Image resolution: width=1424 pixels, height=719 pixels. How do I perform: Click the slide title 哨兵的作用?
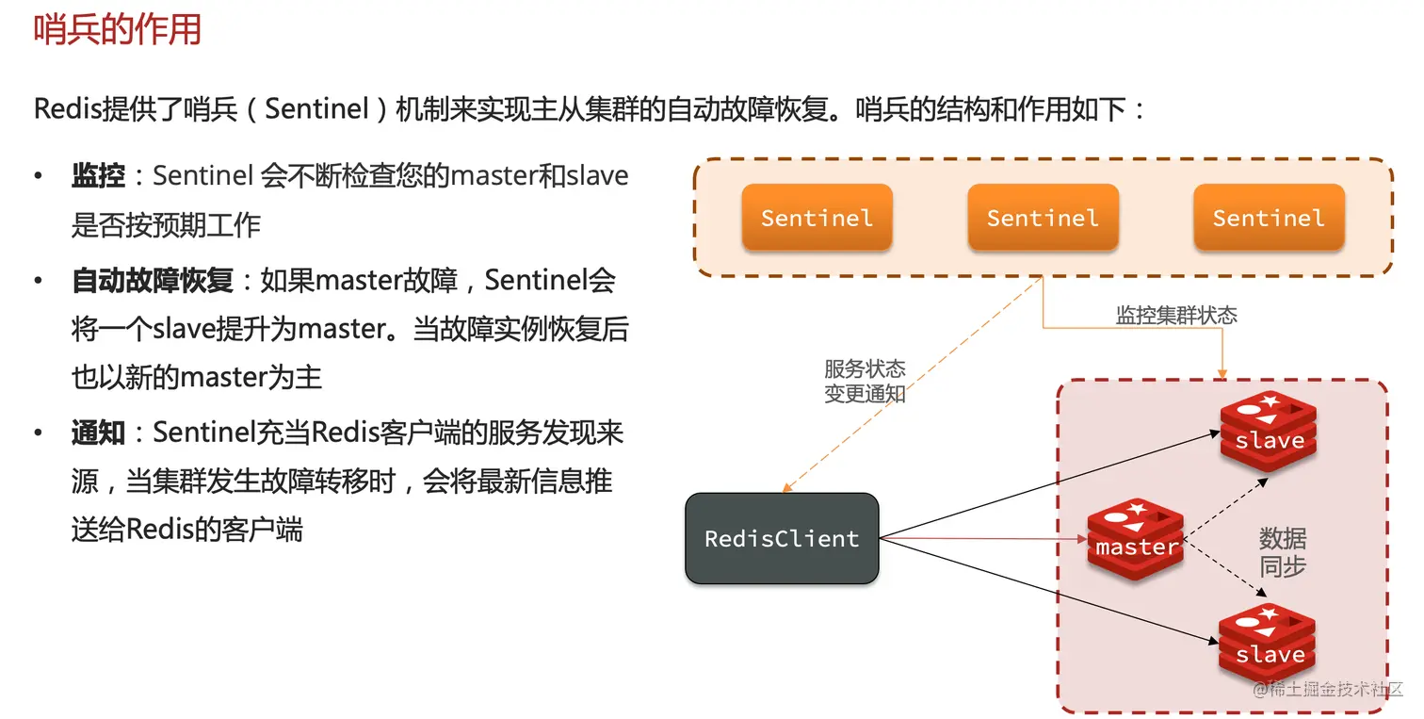click(x=118, y=29)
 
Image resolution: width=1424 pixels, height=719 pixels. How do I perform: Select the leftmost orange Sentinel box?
click(x=817, y=218)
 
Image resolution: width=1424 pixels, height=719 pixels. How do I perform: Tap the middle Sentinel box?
click(x=1043, y=218)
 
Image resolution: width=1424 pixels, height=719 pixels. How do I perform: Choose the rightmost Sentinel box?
click(x=1269, y=218)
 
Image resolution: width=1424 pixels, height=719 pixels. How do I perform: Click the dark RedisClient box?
click(x=782, y=539)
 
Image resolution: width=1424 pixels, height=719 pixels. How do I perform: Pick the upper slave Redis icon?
click(x=1269, y=431)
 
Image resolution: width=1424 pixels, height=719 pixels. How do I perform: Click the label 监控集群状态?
click(x=1176, y=316)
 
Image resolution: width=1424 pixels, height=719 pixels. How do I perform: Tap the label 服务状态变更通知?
click(x=865, y=382)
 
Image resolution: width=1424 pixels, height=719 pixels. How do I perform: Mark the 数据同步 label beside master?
click(x=1283, y=553)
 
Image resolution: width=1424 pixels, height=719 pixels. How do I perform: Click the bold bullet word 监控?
click(x=98, y=175)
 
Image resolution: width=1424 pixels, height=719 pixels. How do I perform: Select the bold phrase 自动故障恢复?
click(x=152, y=280)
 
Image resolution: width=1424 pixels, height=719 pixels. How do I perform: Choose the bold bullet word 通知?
click(x=98, y=433)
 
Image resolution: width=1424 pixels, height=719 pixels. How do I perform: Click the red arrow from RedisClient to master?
click(x=979, y=540)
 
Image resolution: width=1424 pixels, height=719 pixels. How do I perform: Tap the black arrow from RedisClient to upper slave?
click(x=1045, y=484)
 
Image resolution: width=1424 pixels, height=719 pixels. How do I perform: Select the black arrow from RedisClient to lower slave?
click(x=1045, y=591)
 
